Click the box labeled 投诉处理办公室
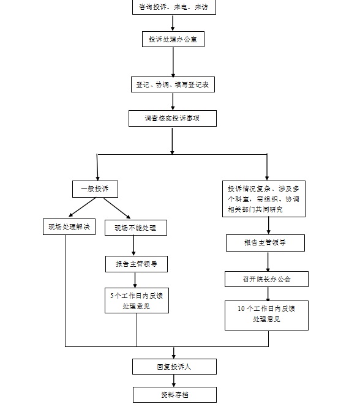tap(173, 39)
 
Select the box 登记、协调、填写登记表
tap(173, 84)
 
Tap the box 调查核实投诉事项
tap(173, 118)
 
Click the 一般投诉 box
tap(95, 189)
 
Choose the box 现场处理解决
tap(69, 226)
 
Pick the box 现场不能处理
tap(136, 228)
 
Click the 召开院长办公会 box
tap(266, 279)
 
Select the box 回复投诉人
tap(174, 367)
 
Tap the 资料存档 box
tap(174, 395)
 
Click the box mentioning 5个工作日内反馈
tap(137, 301)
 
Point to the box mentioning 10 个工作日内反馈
tap(266, 315)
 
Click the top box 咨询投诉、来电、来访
tap(174, 7)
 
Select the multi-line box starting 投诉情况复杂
tap(264, 199)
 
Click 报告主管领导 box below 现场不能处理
tap(137, 264)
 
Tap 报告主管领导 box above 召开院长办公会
tap(265, 243)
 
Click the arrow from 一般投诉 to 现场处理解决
tap(82, 207)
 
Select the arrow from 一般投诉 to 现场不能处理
tap(117, 209)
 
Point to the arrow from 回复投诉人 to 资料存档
tap(174, 381)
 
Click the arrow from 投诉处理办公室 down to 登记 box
tap(173, 62)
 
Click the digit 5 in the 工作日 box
tap(112, 296)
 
